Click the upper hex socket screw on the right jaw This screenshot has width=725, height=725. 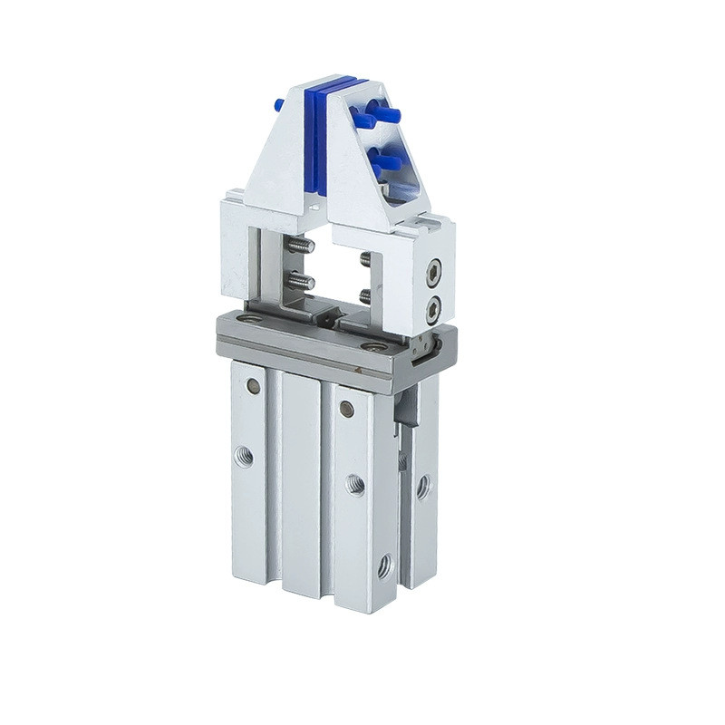(x=434, y=269)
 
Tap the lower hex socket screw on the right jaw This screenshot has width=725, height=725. (x=433, y=308)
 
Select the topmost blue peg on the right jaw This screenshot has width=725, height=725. (x=386, y=114)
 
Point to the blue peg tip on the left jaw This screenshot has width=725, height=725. (x=279, y=105)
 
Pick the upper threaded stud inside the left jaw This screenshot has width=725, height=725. (x=300, y=246)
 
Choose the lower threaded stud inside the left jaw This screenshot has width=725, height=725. (x=300, y=282)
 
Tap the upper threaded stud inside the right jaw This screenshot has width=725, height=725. (x=364, y=259)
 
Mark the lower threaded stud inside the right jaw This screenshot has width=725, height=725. (x=364, y=295)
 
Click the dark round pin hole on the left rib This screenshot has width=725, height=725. (x=253, y=387)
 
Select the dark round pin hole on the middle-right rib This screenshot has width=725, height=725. (x=346, y=409)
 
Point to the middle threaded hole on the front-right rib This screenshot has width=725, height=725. (x=355, y=485)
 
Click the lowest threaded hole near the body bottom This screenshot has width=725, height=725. (x=384, y=567)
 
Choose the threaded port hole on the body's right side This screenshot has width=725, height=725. (x=422, y=488)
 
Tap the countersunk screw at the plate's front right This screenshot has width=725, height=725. (x=372, y=346)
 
